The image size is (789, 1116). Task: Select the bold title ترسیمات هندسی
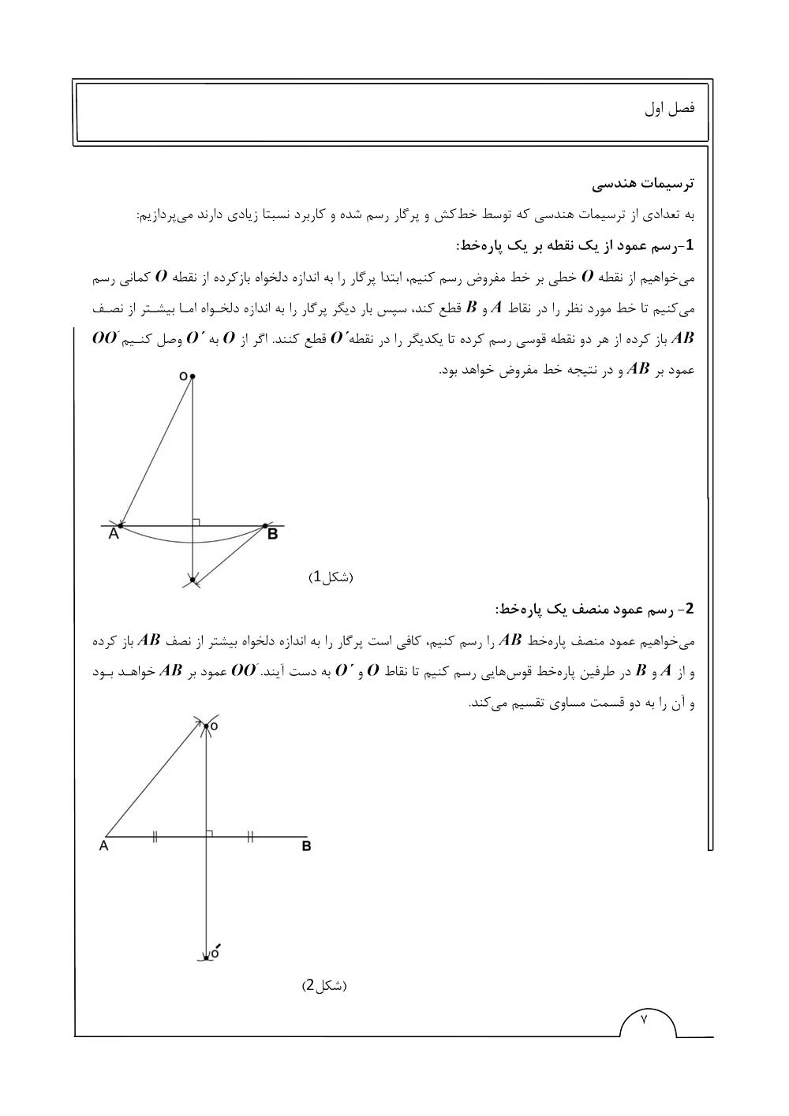click(x=645, y=183)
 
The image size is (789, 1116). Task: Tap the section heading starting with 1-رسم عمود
click(x=574, y=245)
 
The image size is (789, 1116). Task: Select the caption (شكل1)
click(x=331, y=577)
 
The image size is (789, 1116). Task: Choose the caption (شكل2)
click(x=324, y=986)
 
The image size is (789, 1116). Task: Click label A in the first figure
click(x=114, y=535)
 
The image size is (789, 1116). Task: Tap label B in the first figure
click(x=272, y=535)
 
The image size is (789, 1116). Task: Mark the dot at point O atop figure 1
click(x=192, y=377)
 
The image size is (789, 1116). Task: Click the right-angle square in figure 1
click(x=196, y=521)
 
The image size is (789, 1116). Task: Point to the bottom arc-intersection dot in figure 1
click(x=192, y=580)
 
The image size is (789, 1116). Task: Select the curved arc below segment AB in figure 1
click(x=192, y=542)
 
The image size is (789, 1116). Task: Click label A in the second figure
click(x=103, y=846)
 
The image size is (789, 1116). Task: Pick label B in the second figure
click(x=306, y=846)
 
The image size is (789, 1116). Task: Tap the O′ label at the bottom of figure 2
click(x=215, y=952)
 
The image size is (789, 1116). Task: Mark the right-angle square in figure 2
click(x=210, y=833)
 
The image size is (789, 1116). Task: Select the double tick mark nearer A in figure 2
click(x=155, y=837)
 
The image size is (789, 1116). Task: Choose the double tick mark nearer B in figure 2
click(x=250, y=837)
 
